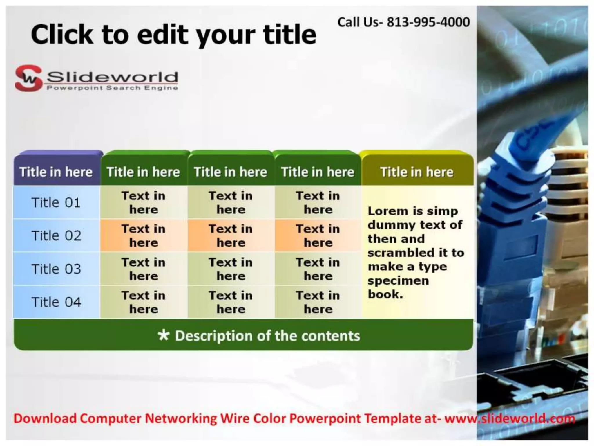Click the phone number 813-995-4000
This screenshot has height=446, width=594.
pos(428,22)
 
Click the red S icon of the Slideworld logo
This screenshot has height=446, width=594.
pos(28,78)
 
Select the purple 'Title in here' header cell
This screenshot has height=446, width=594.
pos(56,172)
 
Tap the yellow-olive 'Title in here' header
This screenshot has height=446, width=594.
pos(417,172)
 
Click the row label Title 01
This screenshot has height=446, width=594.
pos(56,202)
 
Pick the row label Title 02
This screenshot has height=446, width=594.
pos(56,235)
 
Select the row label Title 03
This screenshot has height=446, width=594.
pos(56,269)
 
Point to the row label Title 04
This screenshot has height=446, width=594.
pos(56,302)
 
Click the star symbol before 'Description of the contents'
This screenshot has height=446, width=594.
pos(164,335)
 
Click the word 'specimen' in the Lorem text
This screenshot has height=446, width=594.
pos(398,281)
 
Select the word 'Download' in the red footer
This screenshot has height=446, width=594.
pos(45,418)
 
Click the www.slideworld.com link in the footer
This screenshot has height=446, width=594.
pos(510,418)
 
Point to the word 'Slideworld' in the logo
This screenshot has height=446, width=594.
pos(112,77)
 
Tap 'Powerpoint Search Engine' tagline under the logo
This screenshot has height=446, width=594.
pos(112,88)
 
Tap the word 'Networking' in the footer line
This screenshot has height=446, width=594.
pos(181,418)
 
